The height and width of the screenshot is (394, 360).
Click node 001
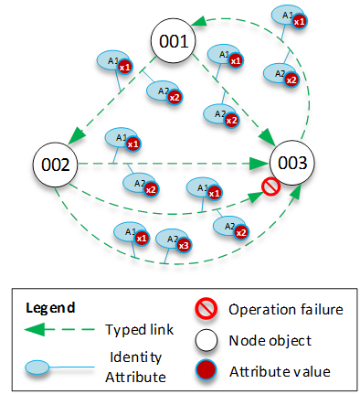(x=174, y=42)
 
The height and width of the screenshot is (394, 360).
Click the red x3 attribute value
(x=184, y=245)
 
